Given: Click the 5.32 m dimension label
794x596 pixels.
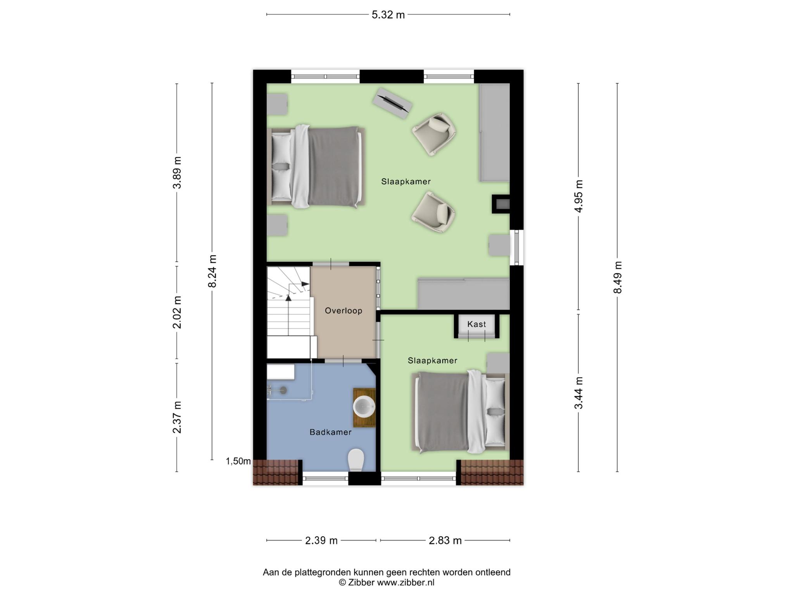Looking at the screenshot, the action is coord(388,15).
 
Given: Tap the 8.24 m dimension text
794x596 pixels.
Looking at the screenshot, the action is coord(212,271).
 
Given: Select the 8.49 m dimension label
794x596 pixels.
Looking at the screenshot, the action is coord(617,277).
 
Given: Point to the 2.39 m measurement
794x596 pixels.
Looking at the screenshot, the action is coord(321,540).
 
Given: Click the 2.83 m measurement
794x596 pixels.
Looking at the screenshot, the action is coord(445,540).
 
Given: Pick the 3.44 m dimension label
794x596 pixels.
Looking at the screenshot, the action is coord(578,393).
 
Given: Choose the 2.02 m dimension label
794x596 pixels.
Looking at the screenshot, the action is coord(177,312).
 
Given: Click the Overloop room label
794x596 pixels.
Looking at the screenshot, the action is coord(343,310).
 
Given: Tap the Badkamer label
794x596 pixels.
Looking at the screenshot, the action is coord(330,432).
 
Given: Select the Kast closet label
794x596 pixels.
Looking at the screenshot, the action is coord(476,324).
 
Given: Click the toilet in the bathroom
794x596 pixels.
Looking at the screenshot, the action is coord(356,460).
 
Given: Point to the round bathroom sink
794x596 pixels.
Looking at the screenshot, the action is coord(364,407).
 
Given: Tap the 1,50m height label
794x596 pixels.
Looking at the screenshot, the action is coord(238,461).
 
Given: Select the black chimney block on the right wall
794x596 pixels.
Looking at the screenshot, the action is coord(501,204).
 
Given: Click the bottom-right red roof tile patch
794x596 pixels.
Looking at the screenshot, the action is coord(492,472).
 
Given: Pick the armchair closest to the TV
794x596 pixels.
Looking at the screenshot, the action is coord(433,134).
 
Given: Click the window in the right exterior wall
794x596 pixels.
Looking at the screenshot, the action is coord(517,248).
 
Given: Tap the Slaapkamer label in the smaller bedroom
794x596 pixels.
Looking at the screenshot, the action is coord(432,360).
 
